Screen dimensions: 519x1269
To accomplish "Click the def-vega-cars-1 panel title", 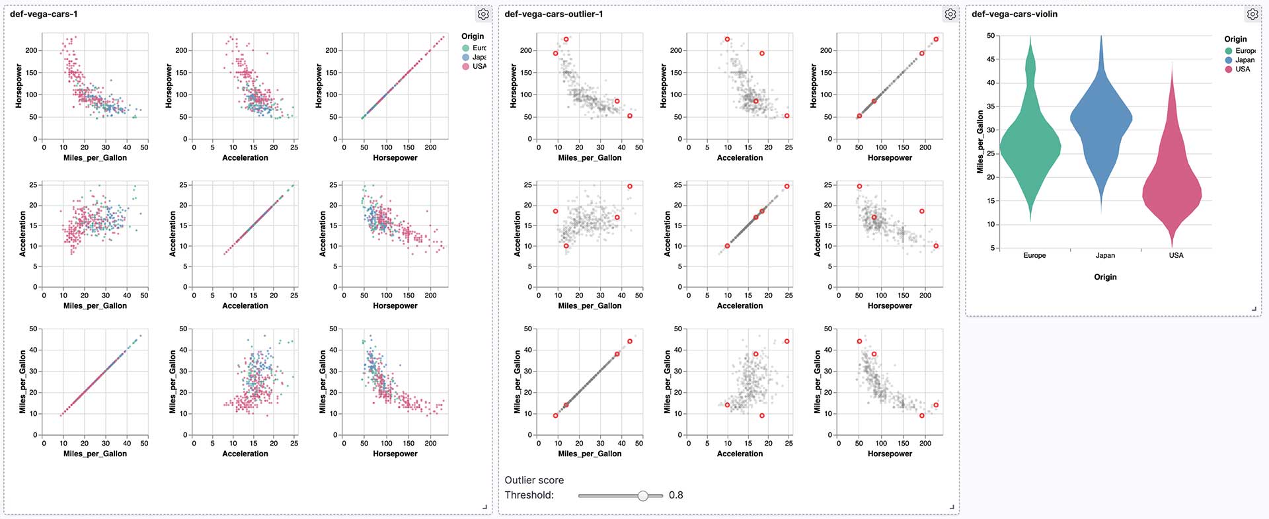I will pos(44,14).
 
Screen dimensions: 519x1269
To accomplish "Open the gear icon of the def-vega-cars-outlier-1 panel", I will pos(950,14).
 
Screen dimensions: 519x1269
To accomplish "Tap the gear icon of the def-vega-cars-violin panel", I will pos(1252,14).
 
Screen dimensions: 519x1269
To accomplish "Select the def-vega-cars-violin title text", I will pos(1014,14).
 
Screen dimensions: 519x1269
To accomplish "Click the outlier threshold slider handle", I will pos(642,495).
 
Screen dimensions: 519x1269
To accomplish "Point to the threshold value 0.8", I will pos(675,495).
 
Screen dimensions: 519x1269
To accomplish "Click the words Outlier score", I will pos(534,480).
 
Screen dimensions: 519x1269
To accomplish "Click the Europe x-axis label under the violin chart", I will pos(1034,255).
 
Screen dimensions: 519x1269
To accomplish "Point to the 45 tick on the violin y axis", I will pos(991,60).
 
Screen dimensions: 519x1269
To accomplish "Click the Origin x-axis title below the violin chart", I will pos(1105,277).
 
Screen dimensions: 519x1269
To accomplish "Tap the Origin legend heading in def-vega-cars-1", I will pos(473,36).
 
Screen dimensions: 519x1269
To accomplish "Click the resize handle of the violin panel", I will pos(1254,309).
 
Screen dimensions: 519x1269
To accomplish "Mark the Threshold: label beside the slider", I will pos(529,495).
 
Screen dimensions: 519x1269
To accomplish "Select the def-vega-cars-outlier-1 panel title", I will pos(553,14).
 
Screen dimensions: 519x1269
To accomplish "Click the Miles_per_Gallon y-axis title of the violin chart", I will pos(980,142).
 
